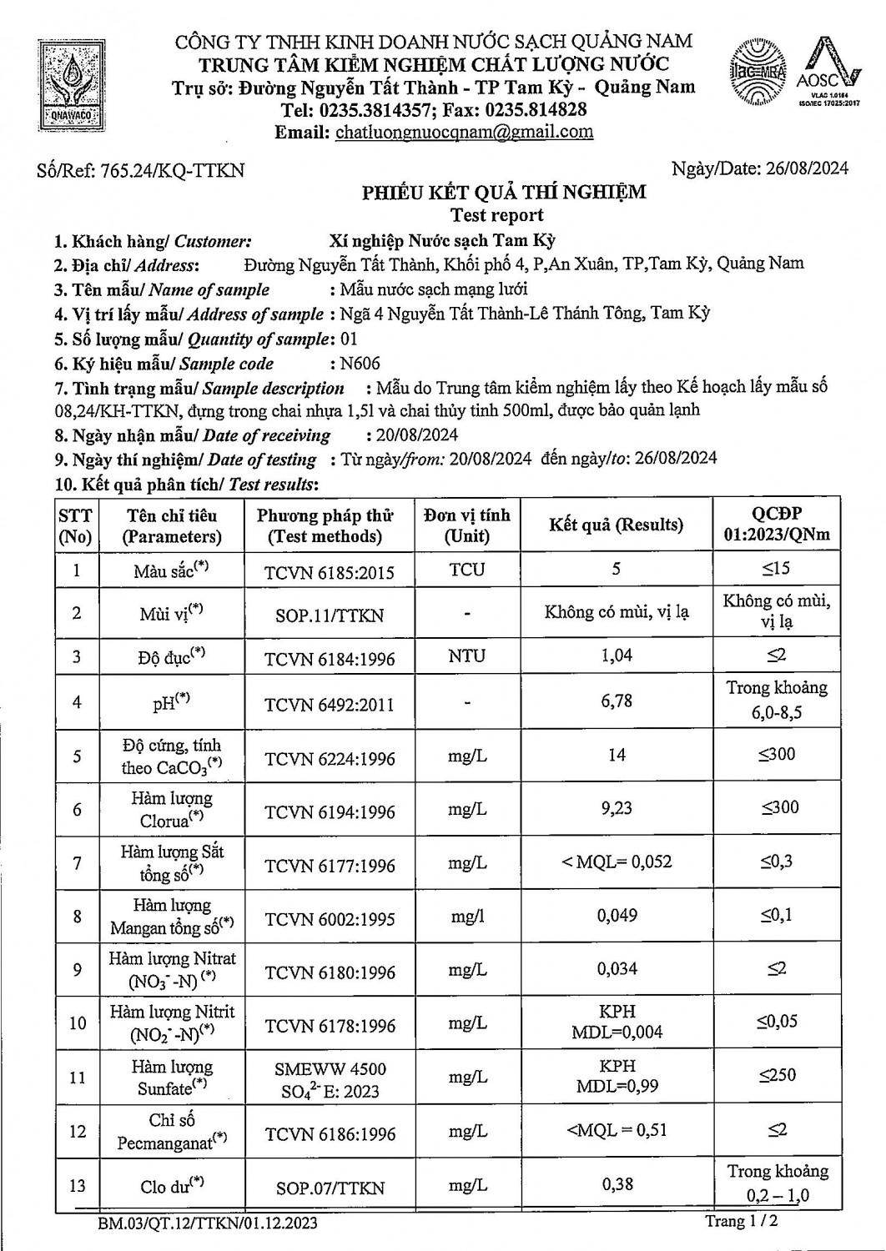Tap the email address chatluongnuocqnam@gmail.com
464,132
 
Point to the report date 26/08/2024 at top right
803,168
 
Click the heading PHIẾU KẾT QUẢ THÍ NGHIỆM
504,193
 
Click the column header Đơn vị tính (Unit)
466,525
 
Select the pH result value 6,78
617,701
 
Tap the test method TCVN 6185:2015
329,572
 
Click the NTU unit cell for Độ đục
466,656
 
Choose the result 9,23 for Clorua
617,808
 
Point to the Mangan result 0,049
617,916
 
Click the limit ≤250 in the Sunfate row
777,1076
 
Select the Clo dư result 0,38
617,1183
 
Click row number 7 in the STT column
77,863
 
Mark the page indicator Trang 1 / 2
742,1221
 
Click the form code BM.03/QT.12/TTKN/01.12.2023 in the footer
207,1223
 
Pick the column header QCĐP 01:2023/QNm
776,525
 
